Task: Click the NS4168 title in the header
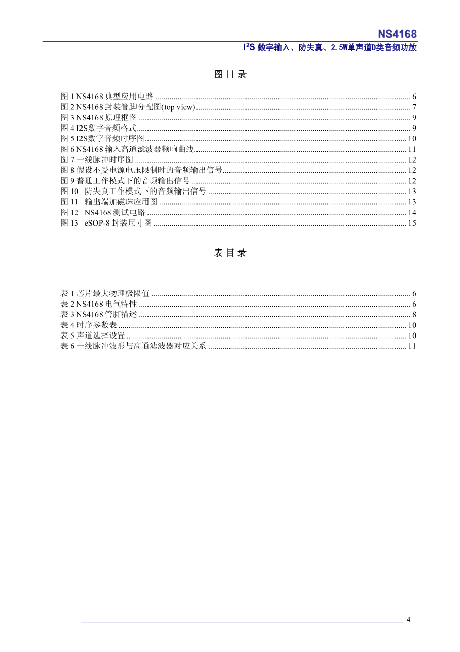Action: [397, 34]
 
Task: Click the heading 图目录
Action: [230, 74]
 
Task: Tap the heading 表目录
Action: [230, 253]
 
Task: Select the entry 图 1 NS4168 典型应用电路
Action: [107, 97]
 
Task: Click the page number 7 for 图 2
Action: [414, 107]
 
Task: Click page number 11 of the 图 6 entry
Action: [412, 150]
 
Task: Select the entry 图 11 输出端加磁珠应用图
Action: [109, 202]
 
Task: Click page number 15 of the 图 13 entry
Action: [412, 224]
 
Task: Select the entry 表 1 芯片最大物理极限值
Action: [105, 293]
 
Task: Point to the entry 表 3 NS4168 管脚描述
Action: [99, 314]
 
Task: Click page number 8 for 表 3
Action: [414, 314]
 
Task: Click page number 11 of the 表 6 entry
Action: [412, 346]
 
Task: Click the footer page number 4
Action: [408, 619]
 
